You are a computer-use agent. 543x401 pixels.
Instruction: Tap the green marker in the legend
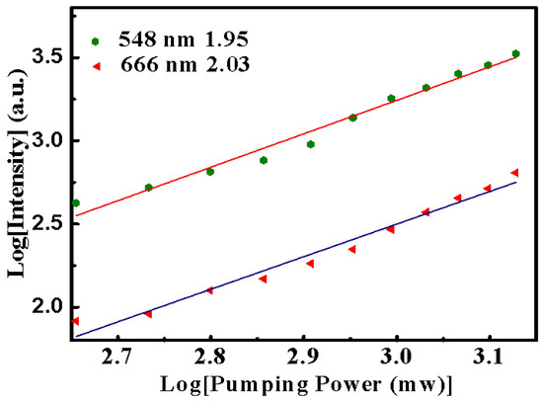(x=95, y=42)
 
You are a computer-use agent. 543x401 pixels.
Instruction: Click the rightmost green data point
(x=515, y=53)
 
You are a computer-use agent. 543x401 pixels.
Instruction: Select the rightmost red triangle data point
(x=514, y=173)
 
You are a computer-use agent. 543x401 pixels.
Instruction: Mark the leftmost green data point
(x=76, y=202)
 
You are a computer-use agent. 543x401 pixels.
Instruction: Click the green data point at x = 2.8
(x=210, y=171)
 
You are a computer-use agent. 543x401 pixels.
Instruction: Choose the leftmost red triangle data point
(x=76, y=320)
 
